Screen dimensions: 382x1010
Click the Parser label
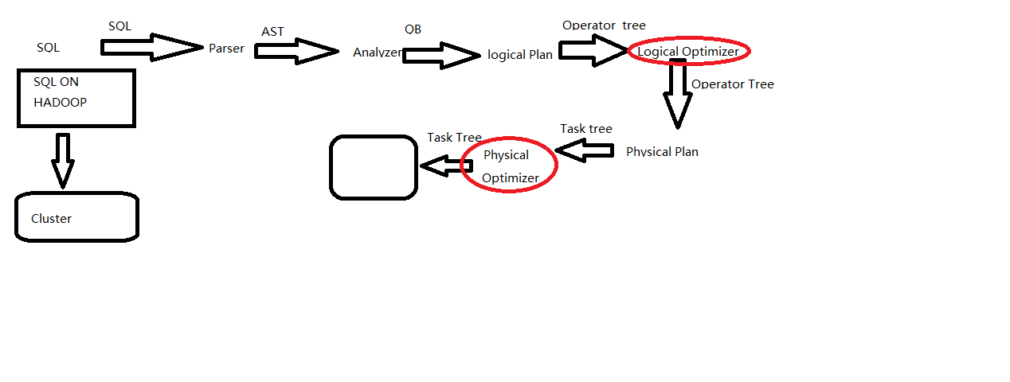click(226, 49)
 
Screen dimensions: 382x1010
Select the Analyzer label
click(378, 53)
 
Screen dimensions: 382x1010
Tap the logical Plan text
click(520, 55)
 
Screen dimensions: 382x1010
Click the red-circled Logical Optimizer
click(688, 52)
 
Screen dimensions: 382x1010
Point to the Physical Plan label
click(662, 151)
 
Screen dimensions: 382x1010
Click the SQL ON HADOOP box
click(76, 98)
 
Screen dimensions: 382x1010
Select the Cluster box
click(77, 216)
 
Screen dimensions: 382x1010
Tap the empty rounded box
click(374, 167)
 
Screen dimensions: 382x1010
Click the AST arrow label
click(272, 32)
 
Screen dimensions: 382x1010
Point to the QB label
click(413, 29)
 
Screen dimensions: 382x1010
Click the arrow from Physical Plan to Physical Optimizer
click(585, 150)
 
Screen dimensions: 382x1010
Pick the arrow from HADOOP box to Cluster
click(63, 160)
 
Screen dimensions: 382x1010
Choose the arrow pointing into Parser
click(151, 47)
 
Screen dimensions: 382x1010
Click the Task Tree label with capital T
click(454, 138)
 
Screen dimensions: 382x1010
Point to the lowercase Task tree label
click(585, 128)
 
